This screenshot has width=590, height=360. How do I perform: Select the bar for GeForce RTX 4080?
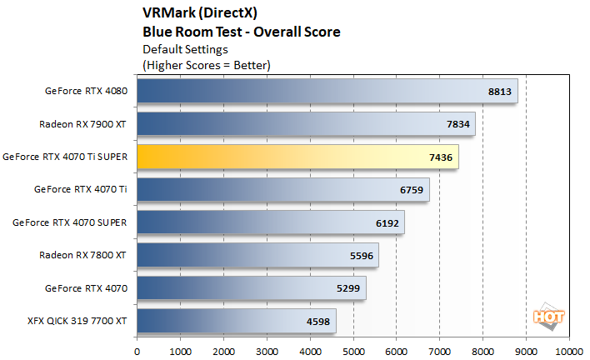click(327, 91)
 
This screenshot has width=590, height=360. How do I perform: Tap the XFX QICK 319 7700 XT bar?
click(236, 321)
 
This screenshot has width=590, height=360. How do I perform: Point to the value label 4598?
click(317, 322)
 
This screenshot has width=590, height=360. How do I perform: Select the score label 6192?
click(387, 223)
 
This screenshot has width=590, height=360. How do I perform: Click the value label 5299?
click(348, 288)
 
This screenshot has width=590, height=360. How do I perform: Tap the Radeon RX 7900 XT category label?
click(83, 124)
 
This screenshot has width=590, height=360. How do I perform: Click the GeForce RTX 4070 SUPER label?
click(70, 222)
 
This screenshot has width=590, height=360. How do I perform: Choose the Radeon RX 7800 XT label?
click(83, 255)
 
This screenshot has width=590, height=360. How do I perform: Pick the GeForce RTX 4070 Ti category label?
click(80, 189)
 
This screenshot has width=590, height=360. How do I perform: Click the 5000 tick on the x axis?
click(353, 351)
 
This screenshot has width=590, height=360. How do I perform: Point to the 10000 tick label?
click(569, 351)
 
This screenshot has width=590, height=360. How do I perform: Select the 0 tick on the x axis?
click(137, 351)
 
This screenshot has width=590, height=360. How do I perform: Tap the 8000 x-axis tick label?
click(483, 351)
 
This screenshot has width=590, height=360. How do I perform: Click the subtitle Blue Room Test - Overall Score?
click(242, 32)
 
